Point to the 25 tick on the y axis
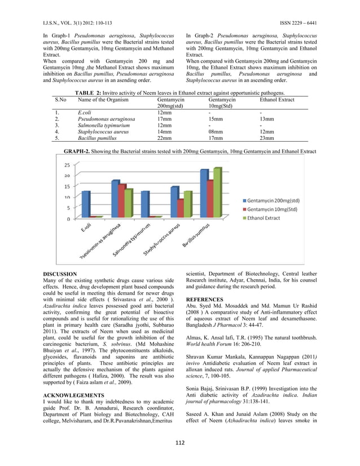pyautogui.click(x=67, y=165)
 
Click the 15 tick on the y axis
pyautogui.click(x=67, y=187)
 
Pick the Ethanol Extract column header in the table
pyautogui.click(x=276, y=99)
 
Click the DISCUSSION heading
pyautogui.click(x=60, y=274)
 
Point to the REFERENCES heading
pyautogui.click(x=205, y=299)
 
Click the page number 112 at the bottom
pyautogui.click(x=179, y=441)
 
